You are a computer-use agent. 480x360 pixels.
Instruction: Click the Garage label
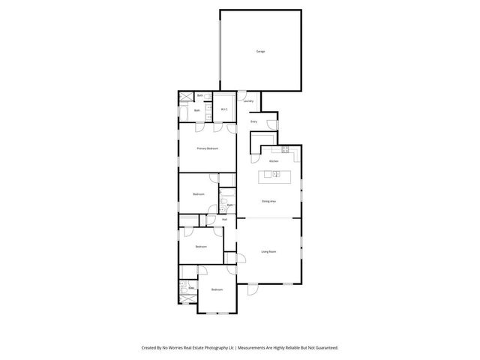pos(260,52)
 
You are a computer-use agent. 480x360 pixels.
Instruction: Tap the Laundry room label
pos(248,100)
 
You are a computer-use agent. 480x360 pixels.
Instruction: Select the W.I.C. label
pos(224,109)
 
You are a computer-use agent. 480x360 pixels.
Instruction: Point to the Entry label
pos(253,121)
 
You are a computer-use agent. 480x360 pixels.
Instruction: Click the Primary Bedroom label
pos(207,148)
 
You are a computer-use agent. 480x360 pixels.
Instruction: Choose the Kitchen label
pos(274,161)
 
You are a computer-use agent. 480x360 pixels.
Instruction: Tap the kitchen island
pos(274,175)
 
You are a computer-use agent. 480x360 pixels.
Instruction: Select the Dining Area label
pos(268,202)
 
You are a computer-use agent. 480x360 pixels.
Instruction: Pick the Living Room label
pos(268,251)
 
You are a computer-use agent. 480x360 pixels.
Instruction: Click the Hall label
pos(224,219)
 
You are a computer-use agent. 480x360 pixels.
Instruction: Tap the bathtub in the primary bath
pos(184,114)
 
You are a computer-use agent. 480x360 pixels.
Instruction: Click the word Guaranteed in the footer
pos(324,347)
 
